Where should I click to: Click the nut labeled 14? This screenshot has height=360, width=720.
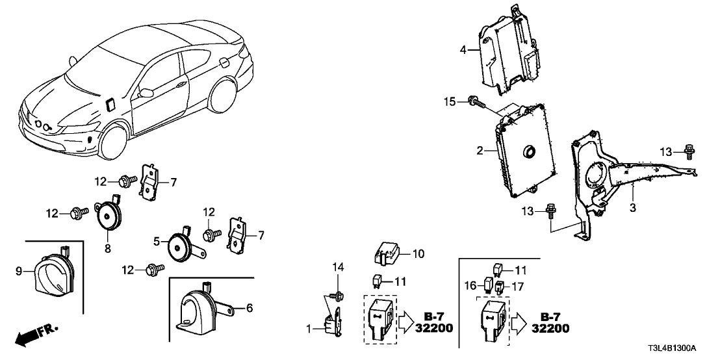coord(337,296)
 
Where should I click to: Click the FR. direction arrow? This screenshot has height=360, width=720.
coord(35,335)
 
